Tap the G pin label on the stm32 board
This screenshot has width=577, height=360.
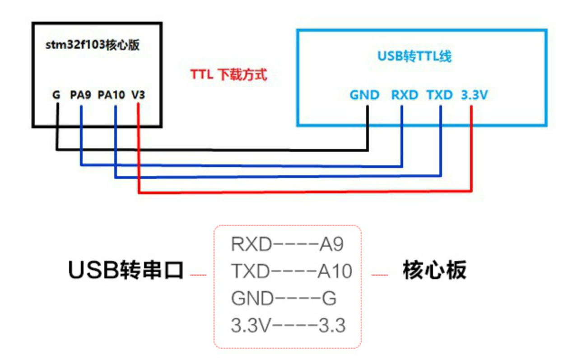click(56, 95)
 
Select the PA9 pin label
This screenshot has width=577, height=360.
click(81, 95)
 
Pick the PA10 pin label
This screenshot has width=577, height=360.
click(111, 95)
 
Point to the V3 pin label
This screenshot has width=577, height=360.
click(139, 95)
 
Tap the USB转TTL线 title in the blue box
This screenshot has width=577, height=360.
click(414, 56)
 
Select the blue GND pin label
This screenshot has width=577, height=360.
click(364, 95)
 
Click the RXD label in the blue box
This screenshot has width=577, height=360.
click(405, 95)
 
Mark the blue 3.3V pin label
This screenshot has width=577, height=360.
click(474, 95)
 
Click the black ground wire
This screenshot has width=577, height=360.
click(212, 149)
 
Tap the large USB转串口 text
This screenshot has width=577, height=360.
click(126, 270)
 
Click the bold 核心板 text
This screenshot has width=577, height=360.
click(434, 270)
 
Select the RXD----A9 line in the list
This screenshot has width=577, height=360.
click(287, 244)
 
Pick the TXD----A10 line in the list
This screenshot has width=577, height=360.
click(291, 271)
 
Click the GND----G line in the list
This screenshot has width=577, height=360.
click(284, 299)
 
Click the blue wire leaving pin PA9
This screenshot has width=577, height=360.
click(239, 166)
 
